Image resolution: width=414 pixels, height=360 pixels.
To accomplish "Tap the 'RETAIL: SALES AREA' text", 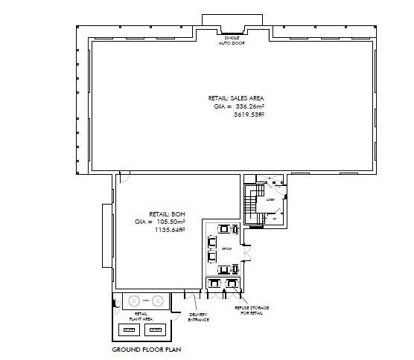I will coord(236,98).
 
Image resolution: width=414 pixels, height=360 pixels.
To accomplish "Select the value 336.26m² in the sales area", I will coord(250,106).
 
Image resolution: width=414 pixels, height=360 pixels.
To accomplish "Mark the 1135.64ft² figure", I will coord(170,231).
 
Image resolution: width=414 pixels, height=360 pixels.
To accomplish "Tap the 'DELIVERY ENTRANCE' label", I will coord(199,317).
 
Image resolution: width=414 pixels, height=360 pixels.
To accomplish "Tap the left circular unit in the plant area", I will coord(134,301).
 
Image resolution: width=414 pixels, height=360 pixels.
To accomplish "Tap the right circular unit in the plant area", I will coord(157,301).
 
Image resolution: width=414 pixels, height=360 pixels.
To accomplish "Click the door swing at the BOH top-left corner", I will coord(124,177).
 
